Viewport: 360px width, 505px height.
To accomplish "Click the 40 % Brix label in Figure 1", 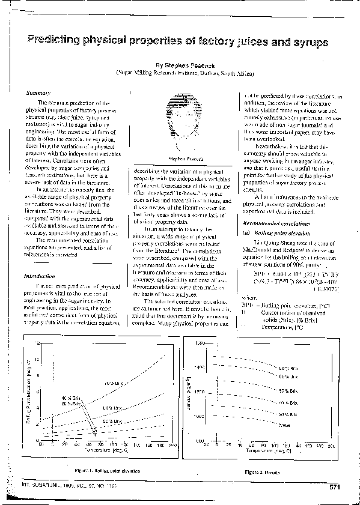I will click(x=67, y=399).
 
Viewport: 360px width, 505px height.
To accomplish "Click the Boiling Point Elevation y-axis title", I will click(x=28, y=396).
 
